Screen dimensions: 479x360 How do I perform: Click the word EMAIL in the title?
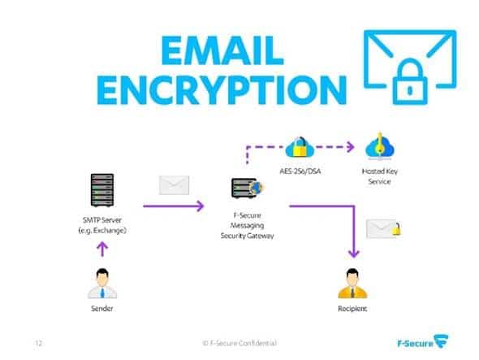pos(222,50)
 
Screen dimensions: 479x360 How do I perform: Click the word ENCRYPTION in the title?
pos(222,90)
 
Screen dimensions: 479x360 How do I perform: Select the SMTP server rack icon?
pos(102,190)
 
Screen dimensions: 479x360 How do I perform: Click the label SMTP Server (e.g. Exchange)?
pos(102,225)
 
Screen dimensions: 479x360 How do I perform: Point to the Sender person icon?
pos(102,284)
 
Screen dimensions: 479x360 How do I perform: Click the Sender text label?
pos(102,308)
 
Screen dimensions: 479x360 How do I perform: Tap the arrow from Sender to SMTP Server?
pos(102,249)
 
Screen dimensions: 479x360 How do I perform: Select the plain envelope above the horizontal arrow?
pos(174,185)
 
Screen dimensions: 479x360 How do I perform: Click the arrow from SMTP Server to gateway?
pos(174,206)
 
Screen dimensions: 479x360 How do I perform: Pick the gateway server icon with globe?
pos(247,188)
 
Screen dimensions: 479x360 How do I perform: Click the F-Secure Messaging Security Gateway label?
pos(247,226)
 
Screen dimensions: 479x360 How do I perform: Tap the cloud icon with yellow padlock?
pos(300,147)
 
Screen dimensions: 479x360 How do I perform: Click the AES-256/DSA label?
pos(300,171)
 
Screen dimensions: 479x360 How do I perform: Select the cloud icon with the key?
pos(380,147)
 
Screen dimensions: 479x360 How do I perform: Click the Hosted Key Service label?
pos(380,176)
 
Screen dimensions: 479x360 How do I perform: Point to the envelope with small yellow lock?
pos(383,229)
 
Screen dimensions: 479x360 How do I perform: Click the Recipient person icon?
pos(352,284)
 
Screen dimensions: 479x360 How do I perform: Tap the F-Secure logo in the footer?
pos(423,342)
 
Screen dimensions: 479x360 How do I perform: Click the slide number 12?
pos(38,343)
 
